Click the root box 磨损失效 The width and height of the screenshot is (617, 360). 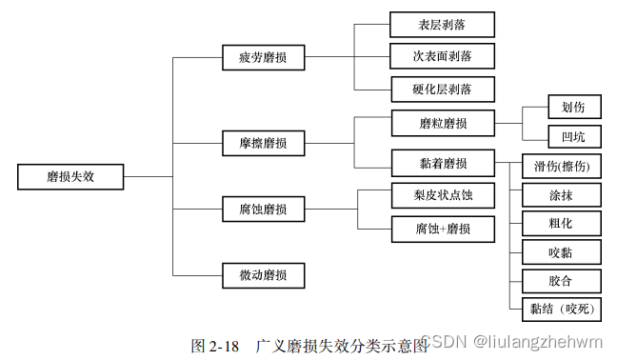[x=70, y=176]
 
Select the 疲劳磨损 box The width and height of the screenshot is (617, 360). [x=264, y=58]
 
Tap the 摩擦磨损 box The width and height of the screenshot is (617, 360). [x=264, y=145]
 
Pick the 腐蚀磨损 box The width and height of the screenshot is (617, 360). [x=264, y=208]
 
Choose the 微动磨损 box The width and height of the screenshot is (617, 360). [x=264, y=276]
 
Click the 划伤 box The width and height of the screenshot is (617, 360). [x=573, y=107]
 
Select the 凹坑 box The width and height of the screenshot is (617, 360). [x=573, y=136]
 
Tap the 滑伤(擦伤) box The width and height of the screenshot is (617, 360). [x=562, y=167]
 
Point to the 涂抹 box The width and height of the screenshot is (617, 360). [x=562, y=196]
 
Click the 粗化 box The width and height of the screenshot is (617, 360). [x=562, y=224]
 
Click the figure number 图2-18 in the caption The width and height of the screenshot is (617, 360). [x=215, y=344]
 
